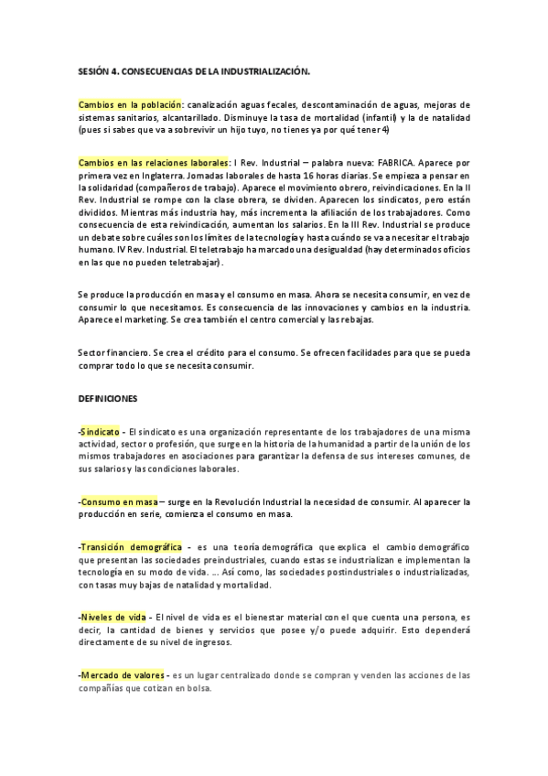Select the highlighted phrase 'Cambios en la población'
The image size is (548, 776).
point(131,104)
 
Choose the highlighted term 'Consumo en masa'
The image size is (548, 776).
point(119,502)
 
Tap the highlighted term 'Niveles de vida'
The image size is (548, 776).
point(113,617)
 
